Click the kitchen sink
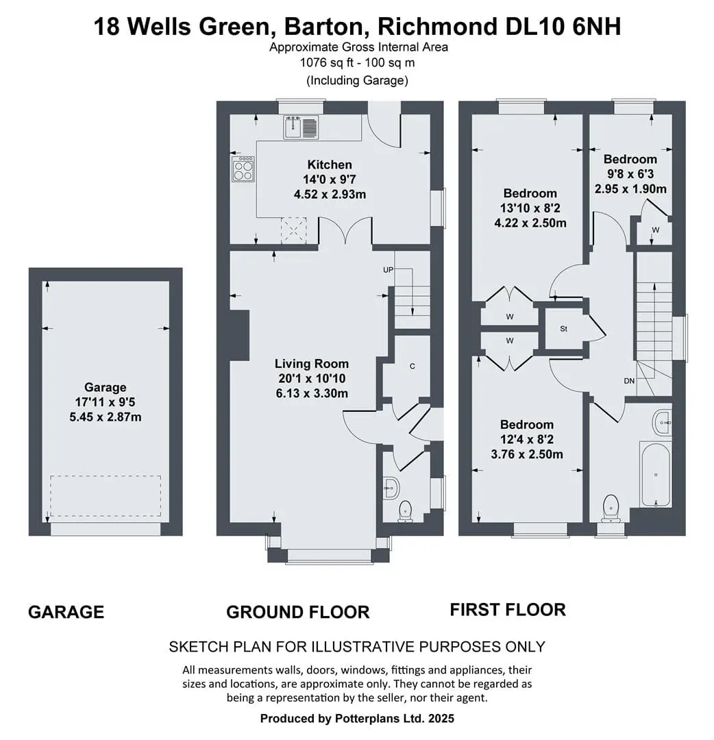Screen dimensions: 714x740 point(301,127)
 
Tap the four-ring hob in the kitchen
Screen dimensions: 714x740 point(243,169)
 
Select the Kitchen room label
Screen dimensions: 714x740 point(330,164)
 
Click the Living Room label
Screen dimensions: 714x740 point(312,364)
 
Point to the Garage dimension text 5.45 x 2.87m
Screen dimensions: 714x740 point(106,417)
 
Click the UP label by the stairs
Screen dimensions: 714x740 point(388,270)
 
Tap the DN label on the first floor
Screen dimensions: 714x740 point(629,381)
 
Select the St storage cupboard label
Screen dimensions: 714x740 point(563,329)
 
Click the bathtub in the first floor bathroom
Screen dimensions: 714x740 point(656,474)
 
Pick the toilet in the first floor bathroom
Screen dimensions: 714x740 point(611,508)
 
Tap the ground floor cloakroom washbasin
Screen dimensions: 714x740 point(391,488)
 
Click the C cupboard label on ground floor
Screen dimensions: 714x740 point(412,366)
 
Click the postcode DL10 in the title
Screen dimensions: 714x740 point(534,27)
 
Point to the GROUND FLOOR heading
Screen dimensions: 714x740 point(298,612)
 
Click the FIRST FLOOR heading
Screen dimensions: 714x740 point(508,610)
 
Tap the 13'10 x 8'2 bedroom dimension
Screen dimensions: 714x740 point(530,208)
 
